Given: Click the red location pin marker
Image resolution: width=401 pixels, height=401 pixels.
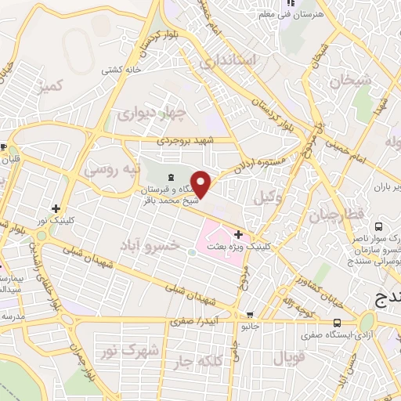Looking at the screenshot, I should (x=201, y=183).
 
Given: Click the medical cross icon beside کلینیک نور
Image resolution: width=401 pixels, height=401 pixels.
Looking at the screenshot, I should (x=55, y=209).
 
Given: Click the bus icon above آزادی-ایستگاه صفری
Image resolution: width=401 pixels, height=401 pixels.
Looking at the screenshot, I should (x=337, y=322).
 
